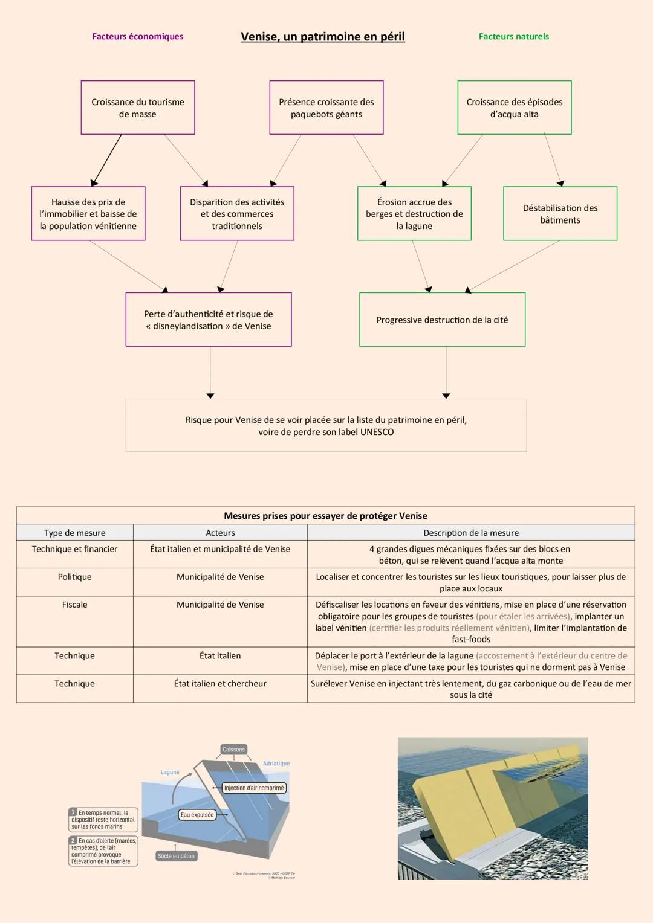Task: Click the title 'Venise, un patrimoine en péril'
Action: click(x=322, y=37)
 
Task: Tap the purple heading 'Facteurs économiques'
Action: click(x=137, y=37)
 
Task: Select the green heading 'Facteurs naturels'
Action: click(x=513, y=37)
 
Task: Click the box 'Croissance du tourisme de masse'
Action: click(x=138, y=108)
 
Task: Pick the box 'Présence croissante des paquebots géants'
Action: click(x=326, y=108)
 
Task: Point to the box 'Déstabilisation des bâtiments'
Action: click(x=560, y=214)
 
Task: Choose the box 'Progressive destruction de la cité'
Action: click(x=442, y=320)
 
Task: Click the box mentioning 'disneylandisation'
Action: click(x=208, y=320)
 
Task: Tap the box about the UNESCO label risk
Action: click(x=326, y=425)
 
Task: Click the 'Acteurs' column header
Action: click(x=220, y=533)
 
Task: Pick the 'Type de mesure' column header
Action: click(x=74, y=533)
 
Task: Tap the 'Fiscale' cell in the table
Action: click(x=74, y=605)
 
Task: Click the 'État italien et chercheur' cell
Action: click(x=220, y=684)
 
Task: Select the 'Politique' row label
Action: click(x=74, y=577)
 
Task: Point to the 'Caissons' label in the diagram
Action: click(x=233, y=750)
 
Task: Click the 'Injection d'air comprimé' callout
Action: click(x=254, y=788)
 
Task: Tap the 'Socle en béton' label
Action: click(x=176, y=856)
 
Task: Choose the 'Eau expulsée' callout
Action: click(x=197, y=815)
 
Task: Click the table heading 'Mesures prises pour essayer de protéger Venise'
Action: click(x=325, y=516)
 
